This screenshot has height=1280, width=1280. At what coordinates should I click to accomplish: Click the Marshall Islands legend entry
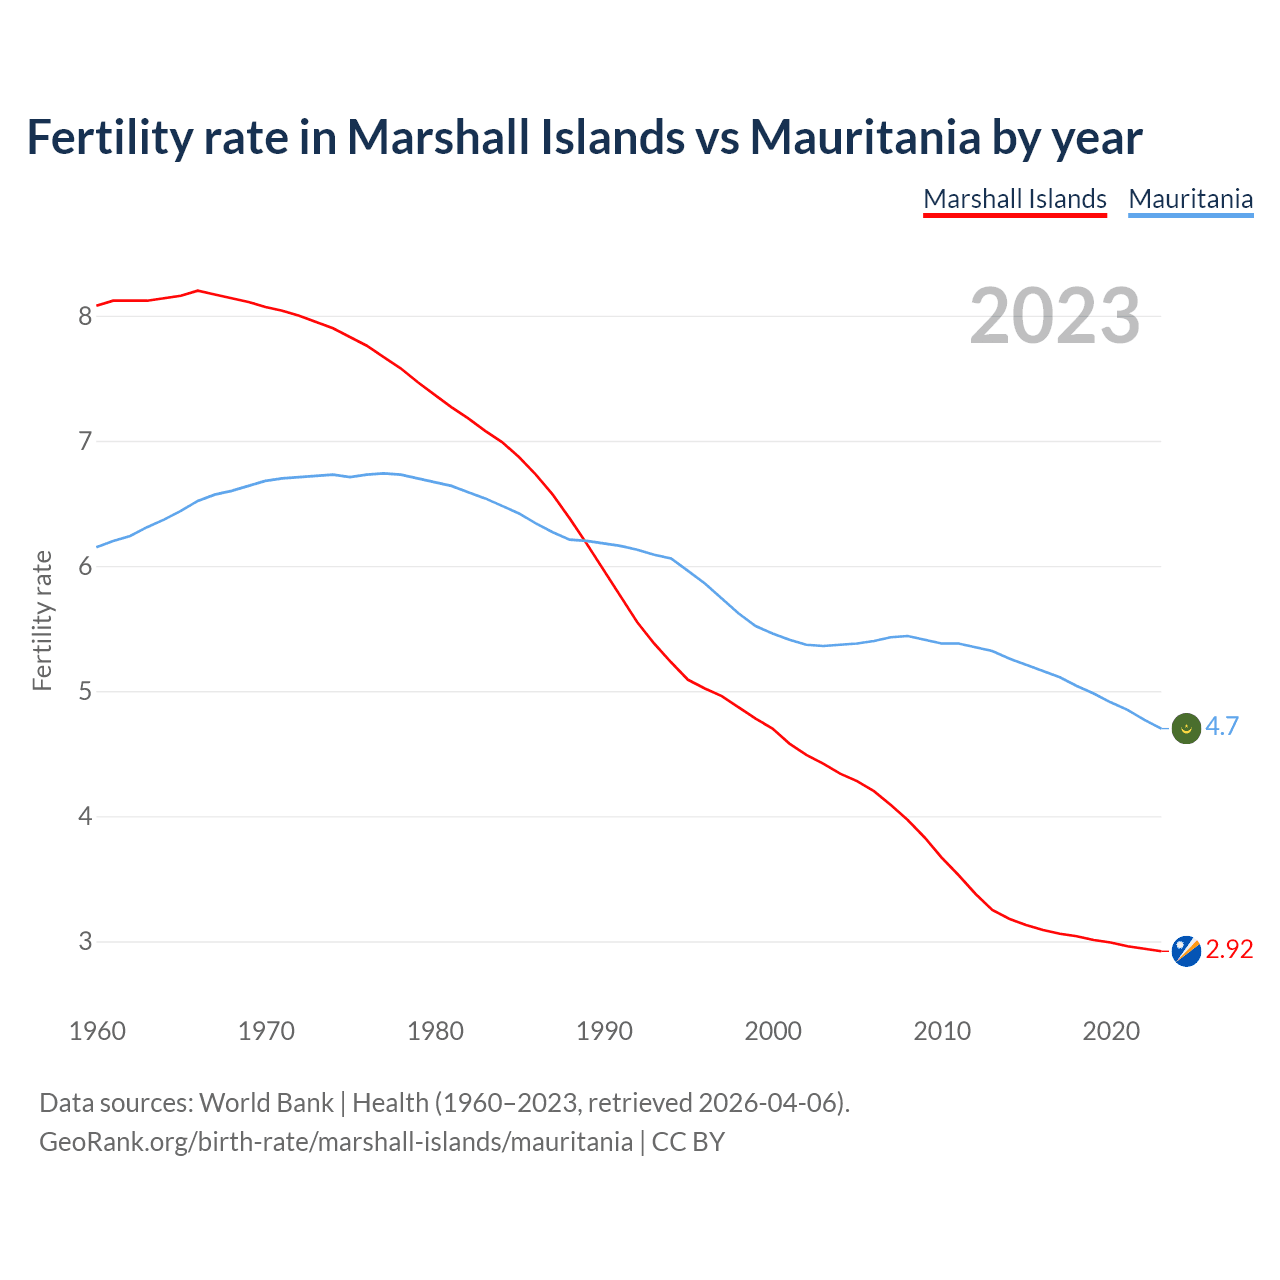(x=1014, y=199)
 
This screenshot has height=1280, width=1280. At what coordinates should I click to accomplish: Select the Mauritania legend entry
(x=1190, y=199)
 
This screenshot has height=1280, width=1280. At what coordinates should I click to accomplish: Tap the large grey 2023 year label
(x=1055, y=316)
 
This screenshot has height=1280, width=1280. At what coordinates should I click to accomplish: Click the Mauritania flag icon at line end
(x=1186, y=728)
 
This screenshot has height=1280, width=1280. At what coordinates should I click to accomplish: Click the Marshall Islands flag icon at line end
(x=1186, y=950)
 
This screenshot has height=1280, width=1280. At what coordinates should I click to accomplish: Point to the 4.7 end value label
(x=1222, y=727)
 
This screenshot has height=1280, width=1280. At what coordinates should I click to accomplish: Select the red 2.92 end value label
(x=1229, y=949)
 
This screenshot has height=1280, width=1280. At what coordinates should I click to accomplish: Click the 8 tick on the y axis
(x=85, y=317)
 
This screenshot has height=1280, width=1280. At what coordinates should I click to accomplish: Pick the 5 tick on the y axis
(x=85, y=692)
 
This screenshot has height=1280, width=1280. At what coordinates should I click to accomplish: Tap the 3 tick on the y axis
(x=85, y=942)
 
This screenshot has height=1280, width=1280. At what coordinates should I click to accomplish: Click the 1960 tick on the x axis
(x=97, y=1031)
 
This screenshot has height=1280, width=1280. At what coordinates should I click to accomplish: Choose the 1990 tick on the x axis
(x=604, y=1031)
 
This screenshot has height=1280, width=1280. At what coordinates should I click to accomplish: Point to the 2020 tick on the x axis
(x=1111, y=1031)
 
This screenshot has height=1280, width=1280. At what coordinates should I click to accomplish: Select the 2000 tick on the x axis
(x=773, y=1031)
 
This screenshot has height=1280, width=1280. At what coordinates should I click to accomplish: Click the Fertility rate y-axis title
(x=42, y=620)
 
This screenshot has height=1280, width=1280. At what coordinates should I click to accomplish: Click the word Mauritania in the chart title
(x=865, y=137)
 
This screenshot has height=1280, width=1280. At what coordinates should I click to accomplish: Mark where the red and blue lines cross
(x=585, y=540)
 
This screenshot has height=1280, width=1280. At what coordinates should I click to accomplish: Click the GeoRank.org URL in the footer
(x=335, y=1142)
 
